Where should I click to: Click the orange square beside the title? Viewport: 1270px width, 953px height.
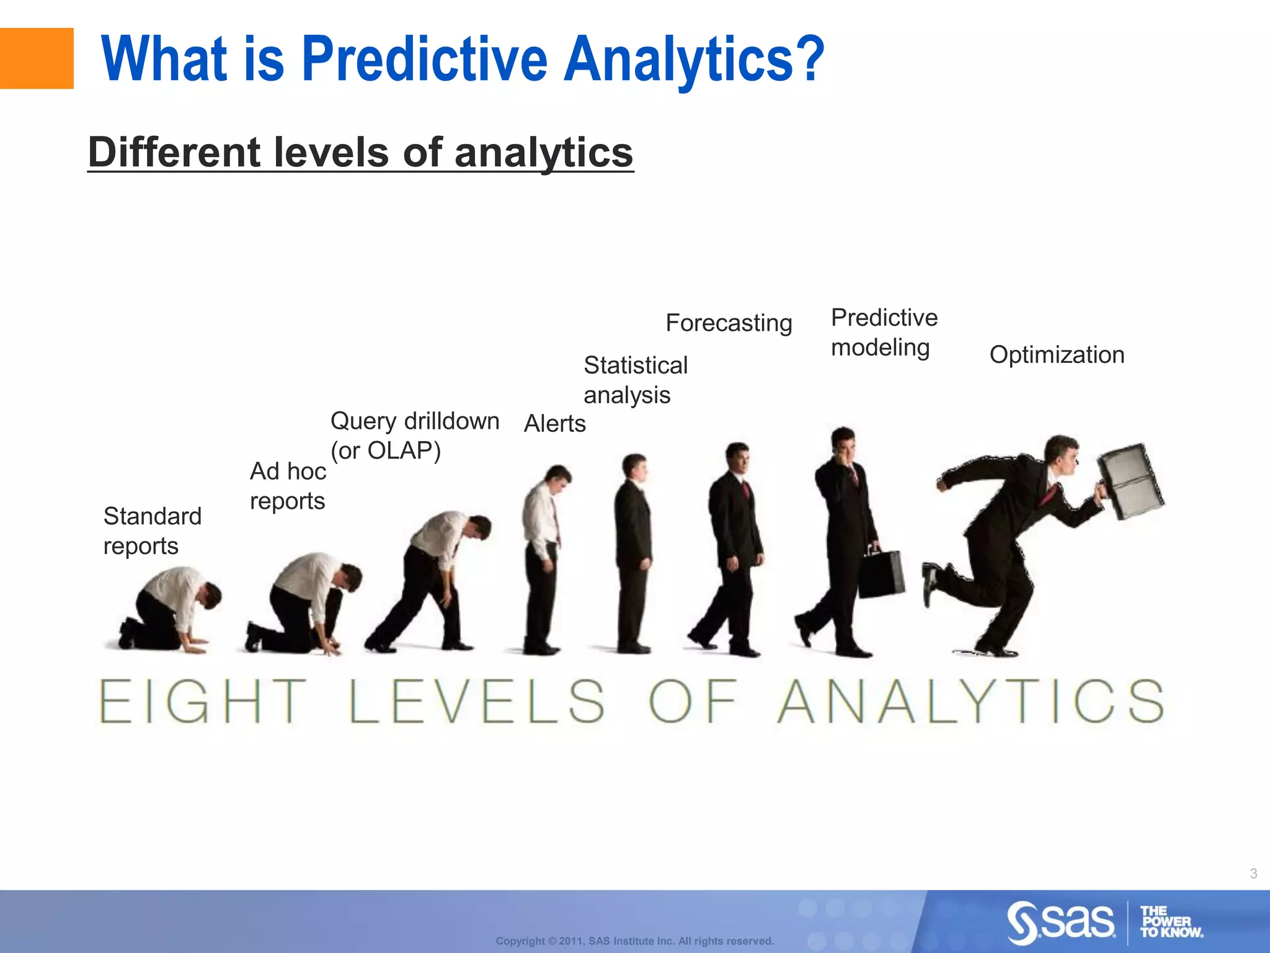[x=36, y=58]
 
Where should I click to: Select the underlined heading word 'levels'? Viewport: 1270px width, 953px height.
[x=329, y=153]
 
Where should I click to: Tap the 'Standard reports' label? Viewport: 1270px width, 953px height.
[x=152, y=530]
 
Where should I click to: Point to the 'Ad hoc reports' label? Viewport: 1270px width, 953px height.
[x=287, y=486]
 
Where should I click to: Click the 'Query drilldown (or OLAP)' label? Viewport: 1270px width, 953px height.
[x=414, y=435]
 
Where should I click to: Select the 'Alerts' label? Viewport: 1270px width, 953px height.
[x=554, y=424]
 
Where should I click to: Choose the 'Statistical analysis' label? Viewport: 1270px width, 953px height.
[x=635, y=380]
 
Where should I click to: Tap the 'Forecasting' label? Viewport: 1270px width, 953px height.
[x=728, y=323]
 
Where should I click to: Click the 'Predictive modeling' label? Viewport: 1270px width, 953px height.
[x=884, y=332]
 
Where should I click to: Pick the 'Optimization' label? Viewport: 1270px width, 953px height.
[x=1056, y=355]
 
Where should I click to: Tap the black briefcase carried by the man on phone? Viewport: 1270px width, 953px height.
[x=881, y=574]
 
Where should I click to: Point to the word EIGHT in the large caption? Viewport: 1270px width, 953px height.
[x=202, y=702]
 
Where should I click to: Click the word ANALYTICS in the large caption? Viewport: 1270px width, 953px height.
[x=970, y=702]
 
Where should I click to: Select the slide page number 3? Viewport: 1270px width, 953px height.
[x=1253, y=874]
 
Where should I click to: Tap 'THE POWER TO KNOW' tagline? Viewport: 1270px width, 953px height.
[x=1170, y=922]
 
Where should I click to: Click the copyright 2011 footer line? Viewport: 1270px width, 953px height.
[x=634, y=941]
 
